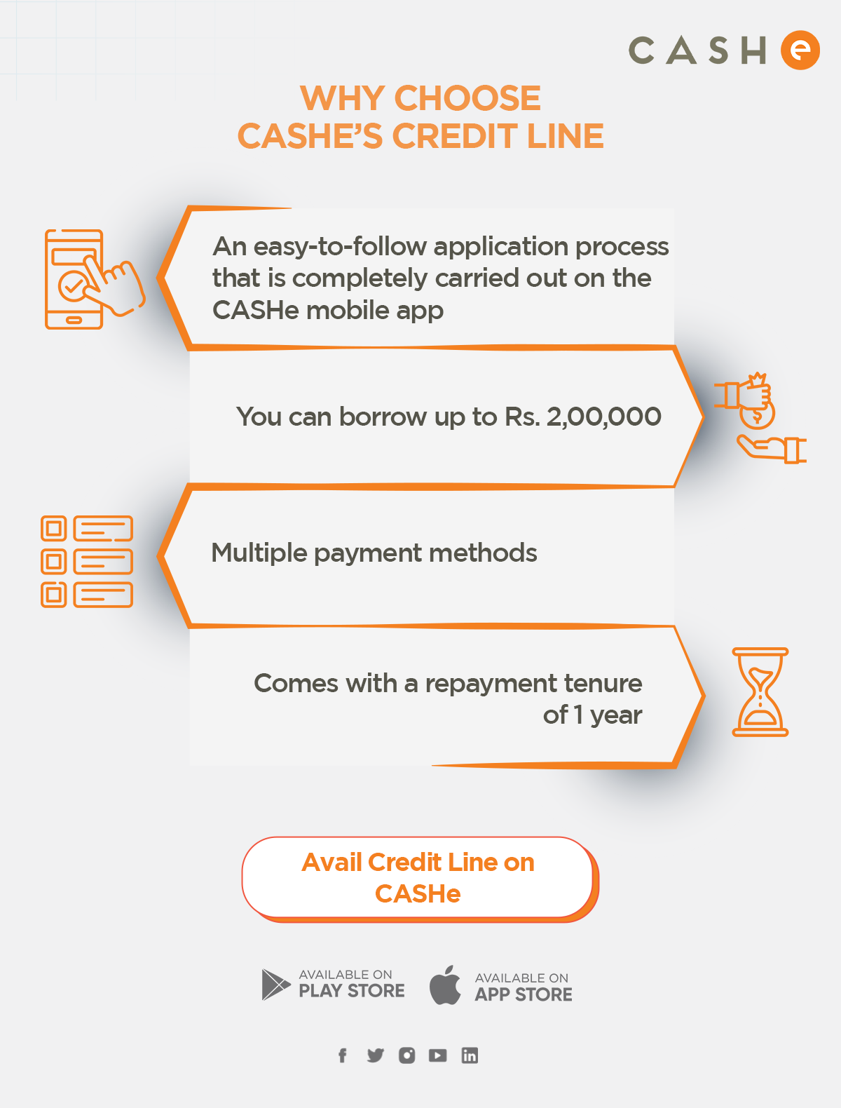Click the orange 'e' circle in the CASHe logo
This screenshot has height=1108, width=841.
click(x=800, y=50)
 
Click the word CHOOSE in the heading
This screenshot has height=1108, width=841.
click(x=467, y=98)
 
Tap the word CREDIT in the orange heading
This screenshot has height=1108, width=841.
click(x=455, y=136)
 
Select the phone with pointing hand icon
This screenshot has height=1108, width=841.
click(x=95, y=279)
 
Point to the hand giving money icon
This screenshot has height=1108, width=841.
click(x=760, y=418)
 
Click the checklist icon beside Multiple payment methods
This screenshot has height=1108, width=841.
click(x=87, y=561)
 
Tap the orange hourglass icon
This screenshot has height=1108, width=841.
click(x=760, y=692)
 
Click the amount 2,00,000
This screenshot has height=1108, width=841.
click(x=604, y=417)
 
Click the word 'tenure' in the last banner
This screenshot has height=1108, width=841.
click(x=603, y=684)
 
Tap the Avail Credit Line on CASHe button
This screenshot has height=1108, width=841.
click(x=420, y=879)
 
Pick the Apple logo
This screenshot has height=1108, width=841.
click(x=445, y=985)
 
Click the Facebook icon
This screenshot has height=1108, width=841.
click(x=343, y=1055)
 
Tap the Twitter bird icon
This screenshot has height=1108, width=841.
click(x=376, y=1055)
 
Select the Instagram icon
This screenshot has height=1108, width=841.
click(x=406, y=1055)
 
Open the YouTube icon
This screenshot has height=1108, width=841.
click(x=437, y=1055)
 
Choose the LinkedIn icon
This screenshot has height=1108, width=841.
click(x=470, y=1055)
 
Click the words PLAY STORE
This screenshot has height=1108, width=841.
click(x=352, y=991)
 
